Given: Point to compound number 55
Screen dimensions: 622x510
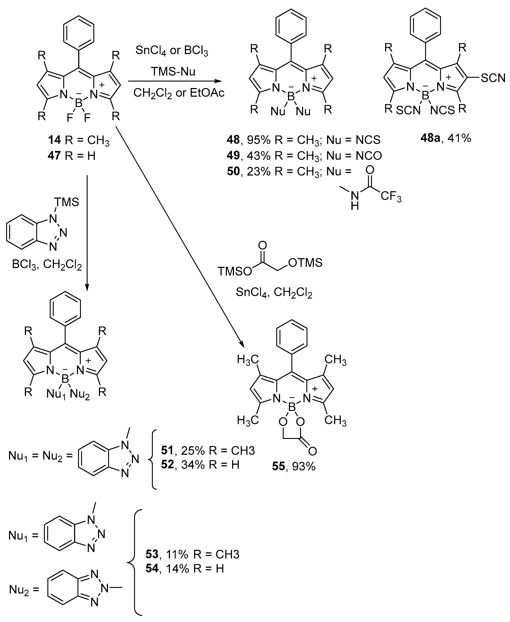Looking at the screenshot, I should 278,466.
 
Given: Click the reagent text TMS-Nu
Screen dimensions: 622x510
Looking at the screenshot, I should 173,71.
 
